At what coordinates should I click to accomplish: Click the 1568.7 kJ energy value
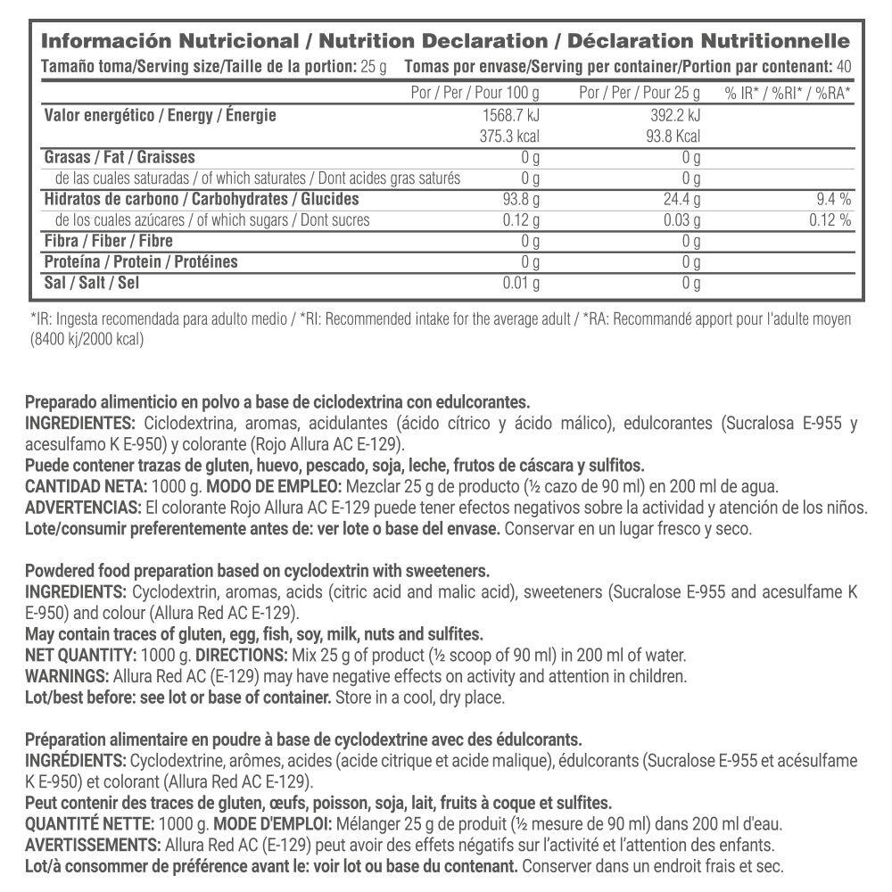pos(510,116)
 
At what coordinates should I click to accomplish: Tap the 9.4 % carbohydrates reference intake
pos(830,200)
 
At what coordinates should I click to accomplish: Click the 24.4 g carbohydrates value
pos(682,200)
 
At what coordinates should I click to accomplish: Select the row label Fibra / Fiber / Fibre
pos(108,241)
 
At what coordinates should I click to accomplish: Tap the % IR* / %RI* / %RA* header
pos(788,93)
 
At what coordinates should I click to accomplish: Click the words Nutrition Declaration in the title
pos(433,41)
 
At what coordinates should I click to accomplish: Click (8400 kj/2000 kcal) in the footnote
pos(87,339)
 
